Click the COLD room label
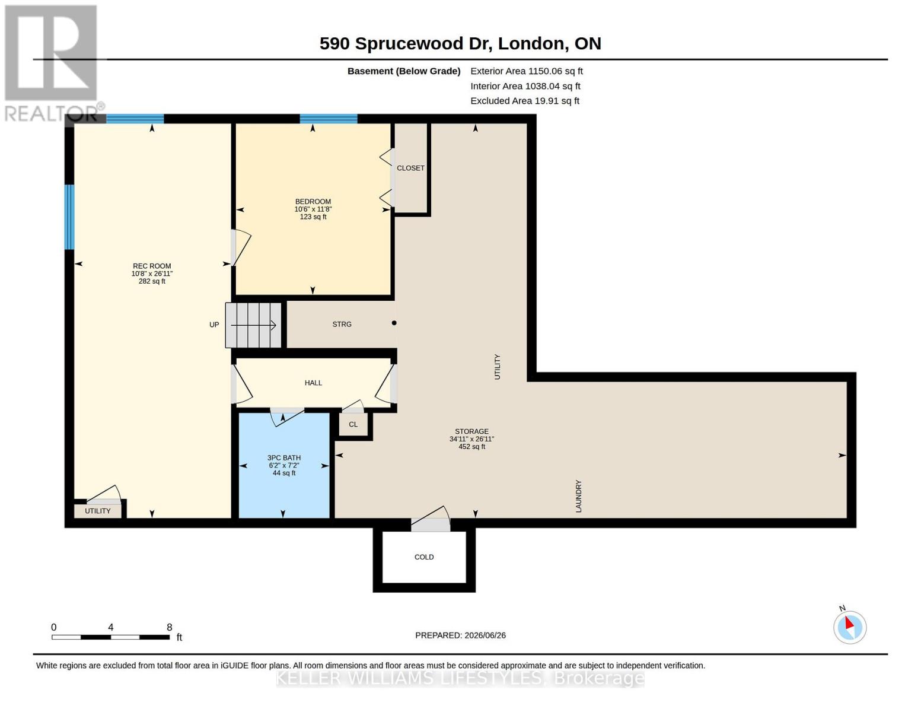(424, 557)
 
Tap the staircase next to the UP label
(253, 325)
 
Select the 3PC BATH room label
(283, 457)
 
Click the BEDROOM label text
(313, 201)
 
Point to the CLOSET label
(410, 168)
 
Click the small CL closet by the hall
(353, 424)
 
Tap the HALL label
(313, 383)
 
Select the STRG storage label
(342, 325)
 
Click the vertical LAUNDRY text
(579, 496)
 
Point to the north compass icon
(849, 627)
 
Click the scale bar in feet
(111, 637)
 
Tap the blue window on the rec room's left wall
(69, 217)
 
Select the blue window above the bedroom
(329, 119)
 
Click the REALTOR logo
(52, 63)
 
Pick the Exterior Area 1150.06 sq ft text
(527, 71)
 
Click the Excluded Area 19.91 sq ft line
(525, 101)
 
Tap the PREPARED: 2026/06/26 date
(460, 635)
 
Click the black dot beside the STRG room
(394, 323)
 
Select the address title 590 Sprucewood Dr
(406, 44)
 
